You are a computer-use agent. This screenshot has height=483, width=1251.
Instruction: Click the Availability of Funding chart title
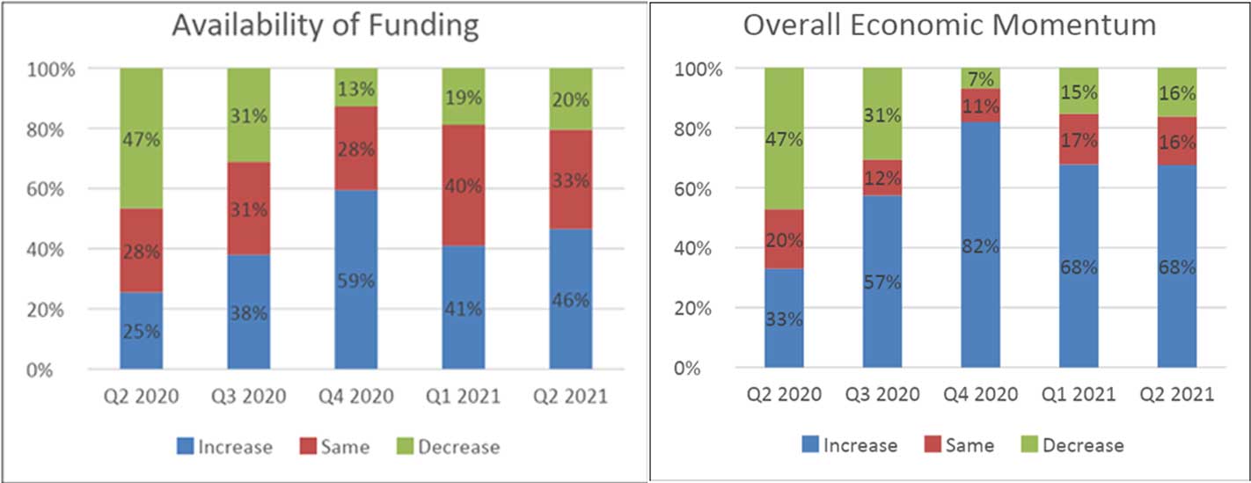[326, 25]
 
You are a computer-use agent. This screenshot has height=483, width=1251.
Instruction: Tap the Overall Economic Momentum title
[950, 25]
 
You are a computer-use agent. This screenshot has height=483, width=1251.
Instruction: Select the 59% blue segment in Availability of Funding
[356, 280]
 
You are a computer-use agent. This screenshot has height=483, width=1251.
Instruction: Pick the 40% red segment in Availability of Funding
[464, 186]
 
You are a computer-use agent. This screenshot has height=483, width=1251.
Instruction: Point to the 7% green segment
[981, 78]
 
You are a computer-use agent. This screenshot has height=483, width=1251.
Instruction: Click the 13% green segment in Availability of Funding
[356, 88]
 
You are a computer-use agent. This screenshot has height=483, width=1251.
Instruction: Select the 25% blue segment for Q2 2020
[142, 331]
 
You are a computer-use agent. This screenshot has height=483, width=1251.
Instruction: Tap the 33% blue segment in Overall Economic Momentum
[784, 318]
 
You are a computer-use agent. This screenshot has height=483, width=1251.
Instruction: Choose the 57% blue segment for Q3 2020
[882, 282]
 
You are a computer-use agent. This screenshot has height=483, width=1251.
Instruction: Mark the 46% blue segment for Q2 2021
[571, 299]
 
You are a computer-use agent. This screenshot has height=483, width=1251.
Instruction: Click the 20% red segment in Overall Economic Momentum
[784, 239]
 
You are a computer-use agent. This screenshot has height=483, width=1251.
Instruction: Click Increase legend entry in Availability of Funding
[225, 447]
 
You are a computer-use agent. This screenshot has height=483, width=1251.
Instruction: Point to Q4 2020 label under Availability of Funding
[356, 397]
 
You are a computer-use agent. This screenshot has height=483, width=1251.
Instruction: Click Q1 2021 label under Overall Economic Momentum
[1079, 394]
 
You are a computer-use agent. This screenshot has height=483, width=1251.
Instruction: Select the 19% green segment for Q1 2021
[464, 97]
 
